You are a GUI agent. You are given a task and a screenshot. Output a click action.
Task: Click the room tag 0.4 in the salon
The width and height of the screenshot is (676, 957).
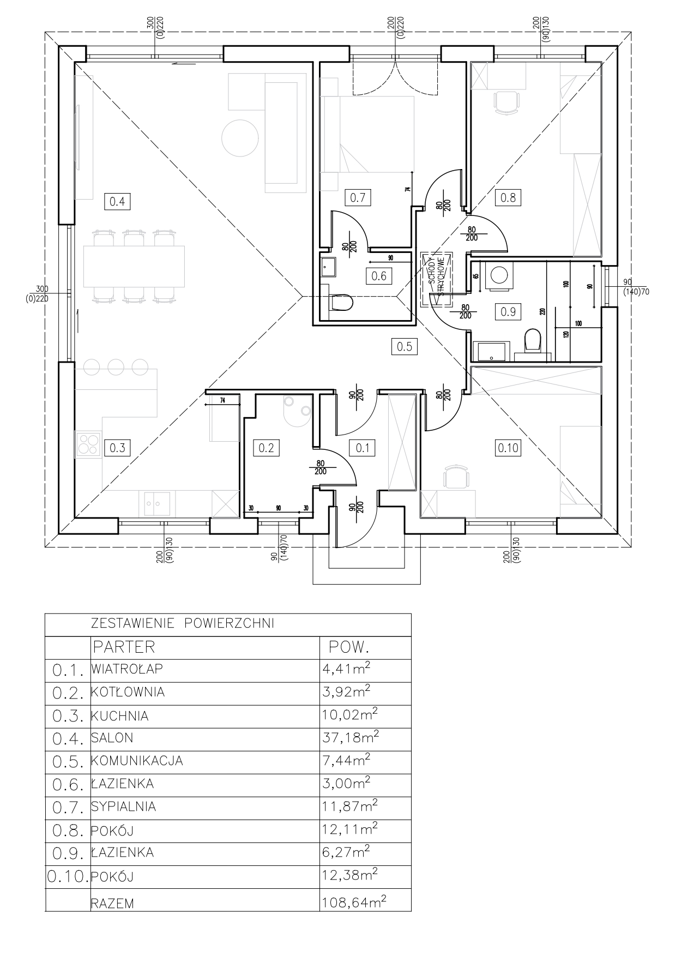point(117,201)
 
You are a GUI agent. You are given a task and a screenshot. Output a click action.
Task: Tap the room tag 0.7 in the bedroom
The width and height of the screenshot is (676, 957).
point(358,197)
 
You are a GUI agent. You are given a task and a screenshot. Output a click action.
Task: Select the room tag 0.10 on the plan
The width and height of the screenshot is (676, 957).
point(508,448)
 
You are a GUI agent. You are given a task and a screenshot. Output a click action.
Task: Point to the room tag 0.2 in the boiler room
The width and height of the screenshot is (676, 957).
point(266,448)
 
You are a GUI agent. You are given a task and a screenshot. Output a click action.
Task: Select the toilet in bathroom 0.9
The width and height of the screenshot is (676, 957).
point(531,342)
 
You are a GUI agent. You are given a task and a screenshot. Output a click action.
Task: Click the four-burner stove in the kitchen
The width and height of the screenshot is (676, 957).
point(88,443)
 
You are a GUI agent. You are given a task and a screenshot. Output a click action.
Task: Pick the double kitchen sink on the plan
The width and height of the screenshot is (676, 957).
point(157,504)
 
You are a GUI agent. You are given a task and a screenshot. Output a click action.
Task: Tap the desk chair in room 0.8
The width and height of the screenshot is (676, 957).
point(506,102)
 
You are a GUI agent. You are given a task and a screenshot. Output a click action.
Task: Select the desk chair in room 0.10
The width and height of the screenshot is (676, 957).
point(456,478)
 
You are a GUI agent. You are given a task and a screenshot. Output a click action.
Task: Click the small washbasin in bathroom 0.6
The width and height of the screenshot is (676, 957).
point(329,266)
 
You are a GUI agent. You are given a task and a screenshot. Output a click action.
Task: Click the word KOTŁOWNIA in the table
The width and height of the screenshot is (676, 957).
point(128,692)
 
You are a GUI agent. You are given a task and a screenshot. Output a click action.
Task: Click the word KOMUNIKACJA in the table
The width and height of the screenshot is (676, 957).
point(137,761)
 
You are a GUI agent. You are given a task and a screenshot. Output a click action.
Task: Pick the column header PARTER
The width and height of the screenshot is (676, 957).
point(124,647)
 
